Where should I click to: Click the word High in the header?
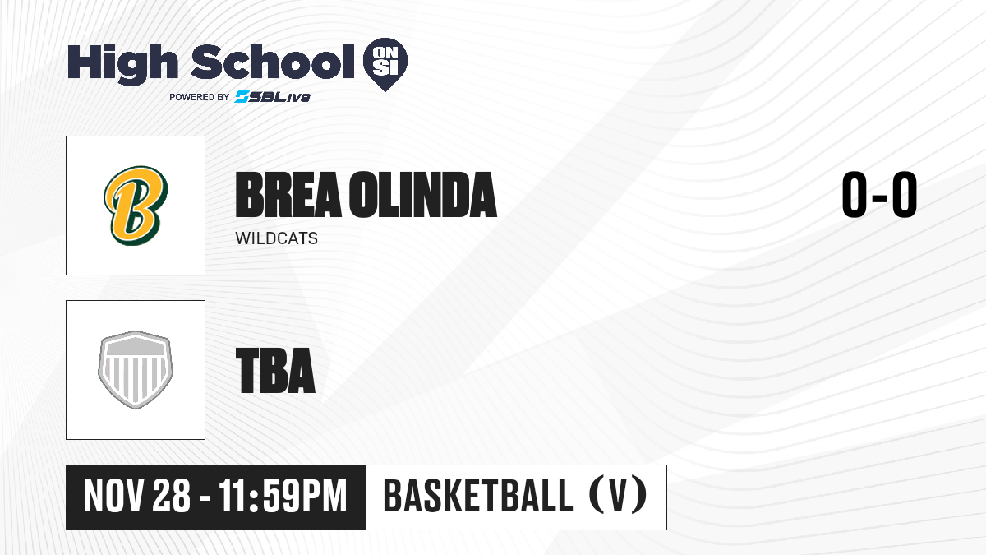pyautogui.click(x=122, y=64)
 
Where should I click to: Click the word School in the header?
pyautogui.click(x=273, y=61)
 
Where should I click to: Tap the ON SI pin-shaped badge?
pyautogui.click(x=385, y=64)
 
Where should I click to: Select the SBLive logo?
pyautogui.click(x=273, y=97)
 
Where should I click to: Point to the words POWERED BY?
pyautogui.click(x=200, y=97)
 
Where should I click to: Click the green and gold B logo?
pyautogui.click(x=136, y=206)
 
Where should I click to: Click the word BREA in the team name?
pyautogui.click(x=288, y=195)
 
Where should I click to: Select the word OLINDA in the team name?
pyautogui.click(x=423, y=195)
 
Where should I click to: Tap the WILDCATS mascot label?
pyautogui.click(x=276, y=238)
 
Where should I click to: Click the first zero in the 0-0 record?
pyautogui.click(x=855, y=194)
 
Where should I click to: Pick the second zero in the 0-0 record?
pyautogui.click(x=905, y=194)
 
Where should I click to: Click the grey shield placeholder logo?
pyautogui.click(x=136, y=370)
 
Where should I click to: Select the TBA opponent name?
pyautogui.click(x=275, y=371)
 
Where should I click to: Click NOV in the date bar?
pyautogui.click(x=114, y=496)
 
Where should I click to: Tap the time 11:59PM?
pyautogui.click(x=283, y=496)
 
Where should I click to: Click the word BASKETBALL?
pyautogui.click(x=478, y=496)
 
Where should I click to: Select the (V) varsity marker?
pyautogui.click(x=618, y=496)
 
